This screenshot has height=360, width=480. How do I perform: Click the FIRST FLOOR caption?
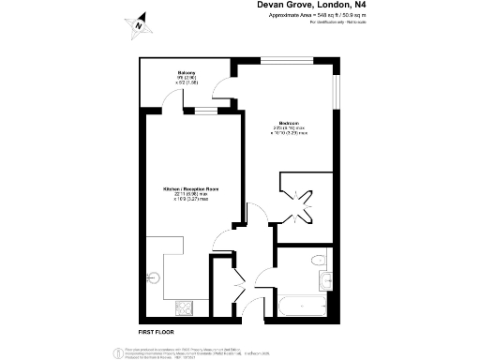[158, 332]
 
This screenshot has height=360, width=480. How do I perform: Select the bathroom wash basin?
[323, 279]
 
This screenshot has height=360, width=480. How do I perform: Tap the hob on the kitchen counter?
[184, 307]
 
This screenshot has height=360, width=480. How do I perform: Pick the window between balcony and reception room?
[202, 112]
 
